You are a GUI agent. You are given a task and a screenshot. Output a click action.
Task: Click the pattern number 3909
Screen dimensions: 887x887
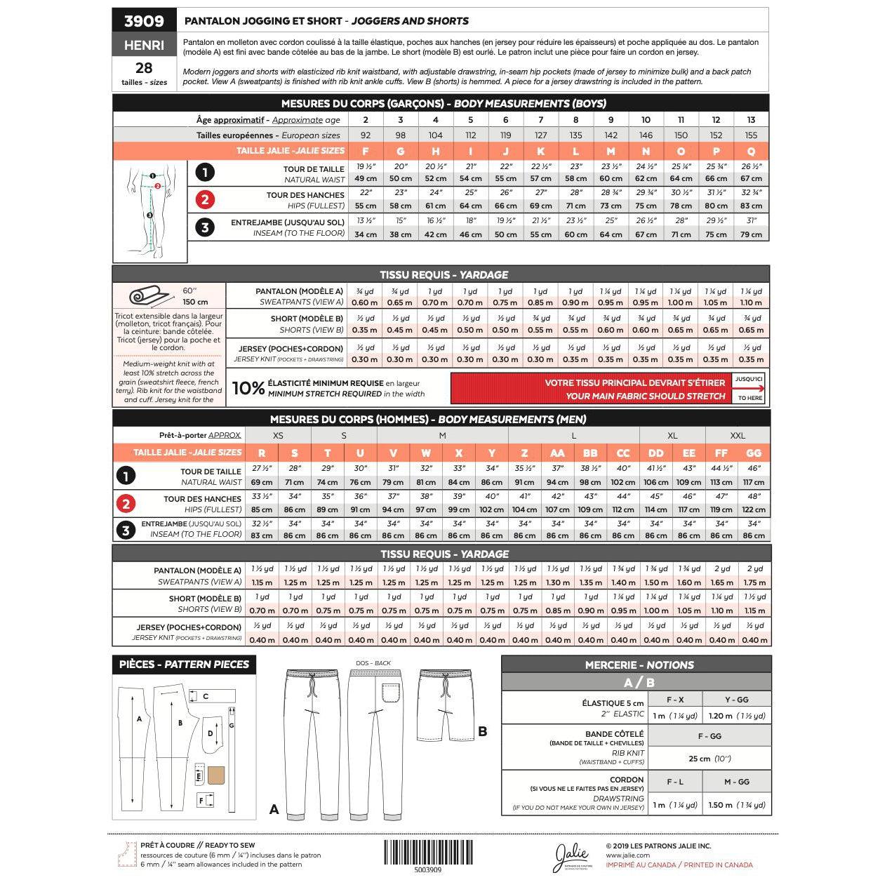click(x=144, y=20)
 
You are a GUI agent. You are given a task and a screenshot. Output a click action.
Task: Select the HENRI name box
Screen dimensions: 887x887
click(x=144, y=45)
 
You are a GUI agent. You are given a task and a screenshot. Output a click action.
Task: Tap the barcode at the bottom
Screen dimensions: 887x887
click(x=427, y=852)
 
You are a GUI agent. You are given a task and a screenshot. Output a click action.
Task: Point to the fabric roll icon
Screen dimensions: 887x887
click(x=146, y=296)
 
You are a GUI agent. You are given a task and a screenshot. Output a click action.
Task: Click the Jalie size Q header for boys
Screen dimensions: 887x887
click(x=751, y=151)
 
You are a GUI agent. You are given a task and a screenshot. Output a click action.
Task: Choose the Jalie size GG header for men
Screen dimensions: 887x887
click(x=754, y=453)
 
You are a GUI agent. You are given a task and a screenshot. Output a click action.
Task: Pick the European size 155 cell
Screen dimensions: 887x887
click(x=751, y=135)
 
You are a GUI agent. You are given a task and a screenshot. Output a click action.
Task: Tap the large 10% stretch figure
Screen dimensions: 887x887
click(x=248, y=388)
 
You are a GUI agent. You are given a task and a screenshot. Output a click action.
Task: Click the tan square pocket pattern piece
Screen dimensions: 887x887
click(x=216, y=775)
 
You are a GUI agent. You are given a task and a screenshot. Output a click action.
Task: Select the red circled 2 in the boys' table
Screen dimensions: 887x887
click(x=204, y=200)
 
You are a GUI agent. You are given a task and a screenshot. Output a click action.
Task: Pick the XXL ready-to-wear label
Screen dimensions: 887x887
click(x=737, y=436)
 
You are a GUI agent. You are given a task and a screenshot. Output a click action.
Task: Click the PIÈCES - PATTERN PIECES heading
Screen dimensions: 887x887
click(x=184, y=665)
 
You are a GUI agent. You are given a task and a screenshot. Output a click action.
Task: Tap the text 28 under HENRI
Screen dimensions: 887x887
click(x=144, y=68)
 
